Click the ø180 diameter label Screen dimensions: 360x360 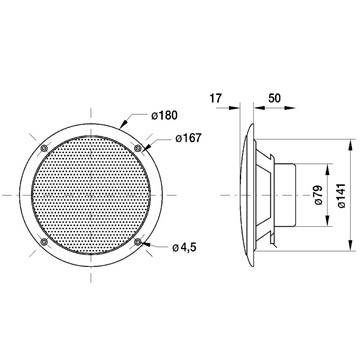164,115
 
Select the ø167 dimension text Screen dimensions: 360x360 189,138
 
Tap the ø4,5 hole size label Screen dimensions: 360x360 184,248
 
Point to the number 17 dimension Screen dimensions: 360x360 216,98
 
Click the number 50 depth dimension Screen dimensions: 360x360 274,98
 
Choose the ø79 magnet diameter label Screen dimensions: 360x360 318,195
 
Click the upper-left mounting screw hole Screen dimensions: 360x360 44,148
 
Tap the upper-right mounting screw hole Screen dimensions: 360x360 138,148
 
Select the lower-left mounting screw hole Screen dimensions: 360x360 44,242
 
